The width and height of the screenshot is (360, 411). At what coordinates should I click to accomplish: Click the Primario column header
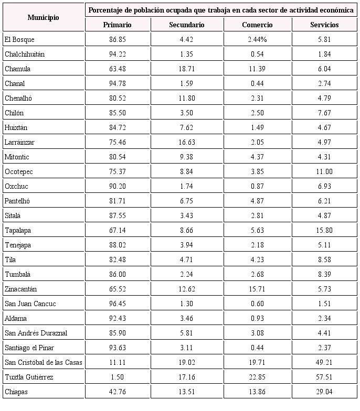(x=117, y=25)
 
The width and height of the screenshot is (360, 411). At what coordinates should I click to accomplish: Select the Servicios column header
(x=324, y=25)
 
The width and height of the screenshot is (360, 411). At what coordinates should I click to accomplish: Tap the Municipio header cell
(x=43, y=17)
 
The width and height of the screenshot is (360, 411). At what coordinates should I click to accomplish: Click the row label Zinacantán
(x=20, y=289)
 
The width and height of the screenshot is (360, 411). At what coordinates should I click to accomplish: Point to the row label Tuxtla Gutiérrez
(x=29, y=377)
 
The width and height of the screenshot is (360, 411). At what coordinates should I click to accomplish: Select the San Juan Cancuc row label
(x=30, y=304)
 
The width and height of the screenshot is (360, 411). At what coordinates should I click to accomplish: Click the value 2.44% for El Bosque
(x=257, y=39)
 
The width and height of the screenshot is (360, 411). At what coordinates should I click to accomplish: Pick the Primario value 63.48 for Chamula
(x=117, y=69)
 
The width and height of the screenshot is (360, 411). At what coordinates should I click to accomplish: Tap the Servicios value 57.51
(x=324, y=377)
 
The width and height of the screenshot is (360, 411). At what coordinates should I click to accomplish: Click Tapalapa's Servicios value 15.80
(x=324, y=230)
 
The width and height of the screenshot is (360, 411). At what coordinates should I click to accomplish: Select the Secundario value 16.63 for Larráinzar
(x=187, y=142)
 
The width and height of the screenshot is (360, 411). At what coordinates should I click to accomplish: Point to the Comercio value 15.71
(x=257, y=289)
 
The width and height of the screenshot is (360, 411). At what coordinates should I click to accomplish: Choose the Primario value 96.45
(x=117, y=304)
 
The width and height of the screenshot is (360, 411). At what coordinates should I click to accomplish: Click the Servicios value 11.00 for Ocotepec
(x=324, y=171)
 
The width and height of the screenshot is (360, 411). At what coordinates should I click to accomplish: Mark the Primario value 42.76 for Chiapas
(x=117, y=392)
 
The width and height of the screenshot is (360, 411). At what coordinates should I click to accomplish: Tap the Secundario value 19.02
(x=187, y=362)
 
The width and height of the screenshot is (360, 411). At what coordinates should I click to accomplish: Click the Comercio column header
(x=257, y=25)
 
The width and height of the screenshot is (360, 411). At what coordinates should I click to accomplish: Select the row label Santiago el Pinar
(x=29, y=348)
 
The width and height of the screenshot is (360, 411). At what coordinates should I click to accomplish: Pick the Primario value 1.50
(x=117, y=377)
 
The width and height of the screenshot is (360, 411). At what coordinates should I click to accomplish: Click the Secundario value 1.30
(x=187, y=304)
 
